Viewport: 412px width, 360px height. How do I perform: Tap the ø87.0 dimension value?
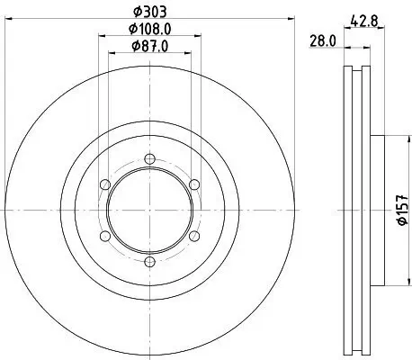pyautogui.click(x=149, y=46)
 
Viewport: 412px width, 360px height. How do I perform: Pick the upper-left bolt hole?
pyautogui.click(x=105, y=184)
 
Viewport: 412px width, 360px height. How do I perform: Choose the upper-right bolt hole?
pyautogui.click(x=193, y=184)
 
